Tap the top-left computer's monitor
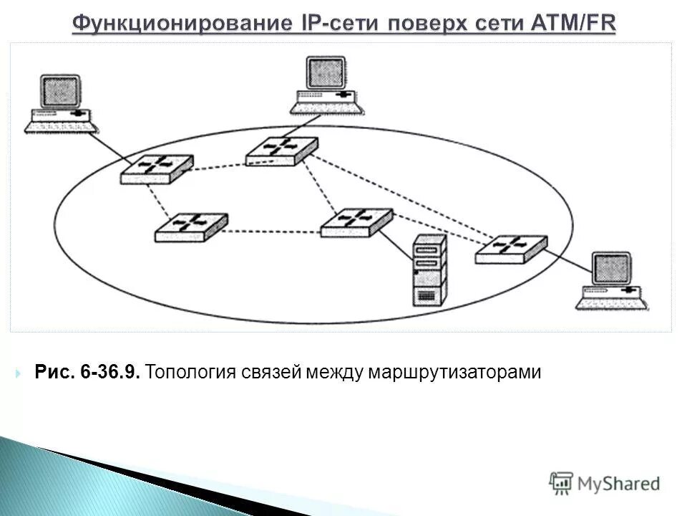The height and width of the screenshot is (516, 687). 59,92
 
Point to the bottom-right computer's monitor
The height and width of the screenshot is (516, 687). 612,269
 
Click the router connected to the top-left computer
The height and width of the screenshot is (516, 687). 156,168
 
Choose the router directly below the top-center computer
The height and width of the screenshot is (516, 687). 281,150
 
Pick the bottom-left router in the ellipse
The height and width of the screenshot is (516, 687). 191,226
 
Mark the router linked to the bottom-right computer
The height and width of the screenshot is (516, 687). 511,248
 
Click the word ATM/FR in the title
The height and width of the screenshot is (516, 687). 572,23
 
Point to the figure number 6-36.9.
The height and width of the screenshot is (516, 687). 111,373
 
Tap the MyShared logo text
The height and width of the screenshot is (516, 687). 618,483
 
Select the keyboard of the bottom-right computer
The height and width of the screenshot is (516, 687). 612,302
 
